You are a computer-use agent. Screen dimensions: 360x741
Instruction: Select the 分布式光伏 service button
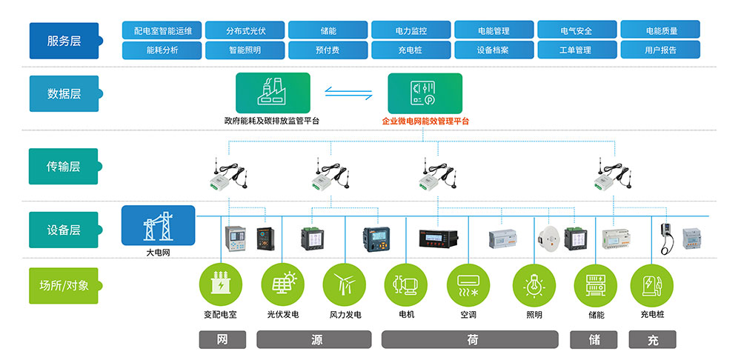pos(245,30)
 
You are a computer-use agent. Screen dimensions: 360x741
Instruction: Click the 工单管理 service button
pos(575,50)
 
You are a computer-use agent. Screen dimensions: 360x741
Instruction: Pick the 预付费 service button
pos(328,50)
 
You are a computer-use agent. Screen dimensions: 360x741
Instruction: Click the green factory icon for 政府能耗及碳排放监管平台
pos(273,93)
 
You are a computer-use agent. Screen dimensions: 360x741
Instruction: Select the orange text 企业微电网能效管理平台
pos(425,121)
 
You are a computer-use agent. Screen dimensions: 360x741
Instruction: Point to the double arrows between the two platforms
pos(349,93)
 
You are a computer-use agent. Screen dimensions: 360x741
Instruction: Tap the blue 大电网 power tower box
pos(158,225)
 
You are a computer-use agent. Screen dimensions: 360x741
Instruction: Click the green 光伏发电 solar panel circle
pos(282,285)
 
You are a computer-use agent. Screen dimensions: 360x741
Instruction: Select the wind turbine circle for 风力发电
pos(344,285)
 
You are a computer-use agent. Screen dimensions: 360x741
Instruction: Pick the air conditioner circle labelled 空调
pos(468,285)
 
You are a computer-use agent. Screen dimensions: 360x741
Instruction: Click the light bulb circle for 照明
pos(534,285)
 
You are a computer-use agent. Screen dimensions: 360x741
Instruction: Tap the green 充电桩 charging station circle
pos(651,285)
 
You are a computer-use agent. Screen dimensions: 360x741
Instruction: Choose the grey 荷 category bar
pos(472,340)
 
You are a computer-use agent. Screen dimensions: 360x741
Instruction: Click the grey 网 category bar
pos(222,340)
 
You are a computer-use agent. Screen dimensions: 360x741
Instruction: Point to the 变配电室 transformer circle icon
pos(220,285)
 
